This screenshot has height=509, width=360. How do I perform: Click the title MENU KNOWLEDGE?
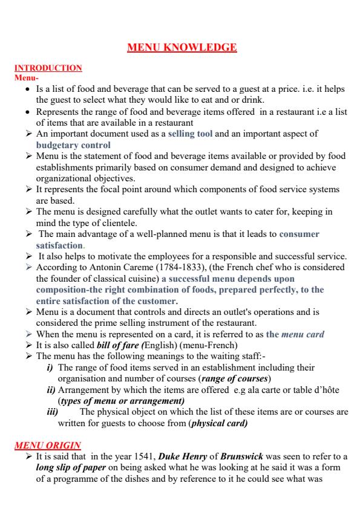(180, 48)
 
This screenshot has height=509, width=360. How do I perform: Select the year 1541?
(145, 458)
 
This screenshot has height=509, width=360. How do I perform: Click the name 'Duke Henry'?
(177, 458)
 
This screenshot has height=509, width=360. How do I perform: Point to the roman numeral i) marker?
(51, 368)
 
